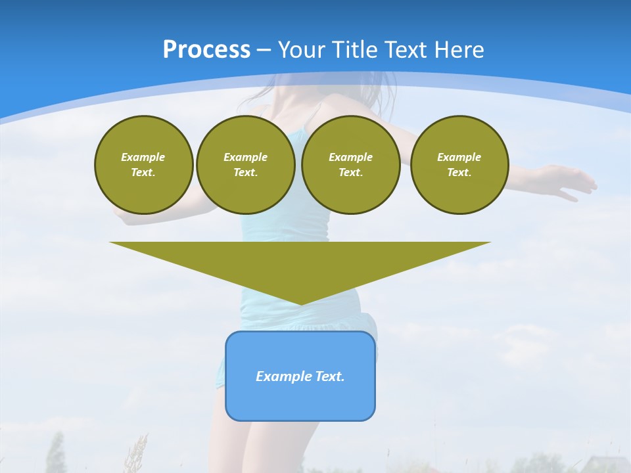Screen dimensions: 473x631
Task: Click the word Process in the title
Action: coord(206,50)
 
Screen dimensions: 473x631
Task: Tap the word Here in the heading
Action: coord(460,50)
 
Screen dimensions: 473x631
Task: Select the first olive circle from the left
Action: coord(143,165)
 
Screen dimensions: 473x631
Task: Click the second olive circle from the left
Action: coord(246,165)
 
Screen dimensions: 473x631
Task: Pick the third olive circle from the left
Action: coord(350,165)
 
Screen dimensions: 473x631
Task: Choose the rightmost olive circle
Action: coord(459,165)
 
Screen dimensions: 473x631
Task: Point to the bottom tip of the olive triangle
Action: coord(300,303)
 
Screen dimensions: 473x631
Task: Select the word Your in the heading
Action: coord(300,50)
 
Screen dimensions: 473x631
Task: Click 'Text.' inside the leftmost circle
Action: coord(143,173)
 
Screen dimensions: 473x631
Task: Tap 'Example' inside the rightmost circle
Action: coord(459,157)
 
